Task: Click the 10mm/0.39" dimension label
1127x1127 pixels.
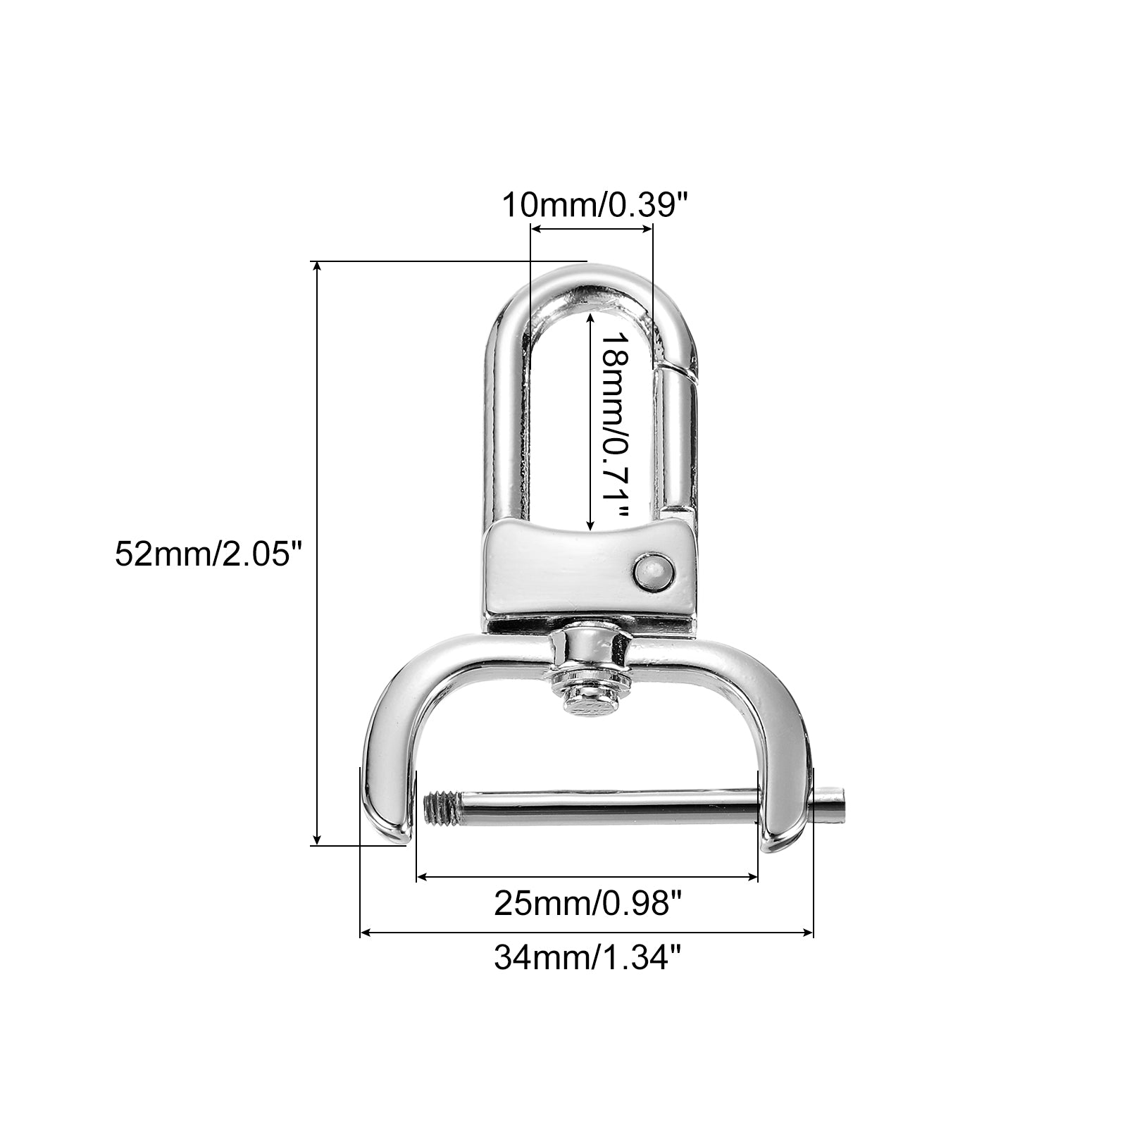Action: (593, 206)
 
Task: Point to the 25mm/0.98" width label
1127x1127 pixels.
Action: (588, 904)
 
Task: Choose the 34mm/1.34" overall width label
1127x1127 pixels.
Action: (588, 958)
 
